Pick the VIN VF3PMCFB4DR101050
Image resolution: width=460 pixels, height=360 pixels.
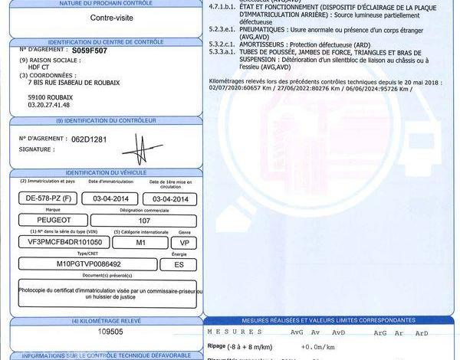tap(65, 241)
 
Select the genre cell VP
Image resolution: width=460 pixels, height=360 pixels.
tap(184, 241)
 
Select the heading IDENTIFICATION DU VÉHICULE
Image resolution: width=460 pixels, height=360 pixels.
tap(107, 174)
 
